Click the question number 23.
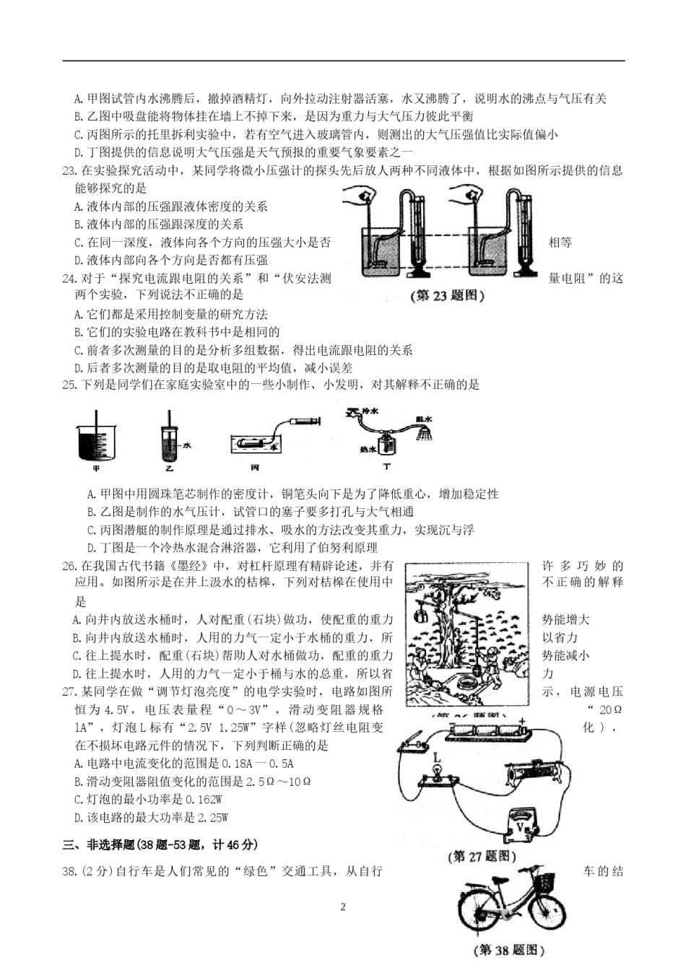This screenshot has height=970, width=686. pos(69,171)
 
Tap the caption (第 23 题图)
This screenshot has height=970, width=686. pos(447,296)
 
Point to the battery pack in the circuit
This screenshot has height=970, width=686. pos(487,730)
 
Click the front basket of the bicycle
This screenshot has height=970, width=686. pos(546,882)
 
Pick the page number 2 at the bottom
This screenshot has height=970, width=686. pos(343,907)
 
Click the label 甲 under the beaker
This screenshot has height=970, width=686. pos(96,468)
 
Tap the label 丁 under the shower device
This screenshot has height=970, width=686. pos(387,467)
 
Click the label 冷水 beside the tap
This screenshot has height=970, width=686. pos(370,411)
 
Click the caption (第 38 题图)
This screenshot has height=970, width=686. pos(509,950)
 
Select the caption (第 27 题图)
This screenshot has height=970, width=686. pos(483,856)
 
